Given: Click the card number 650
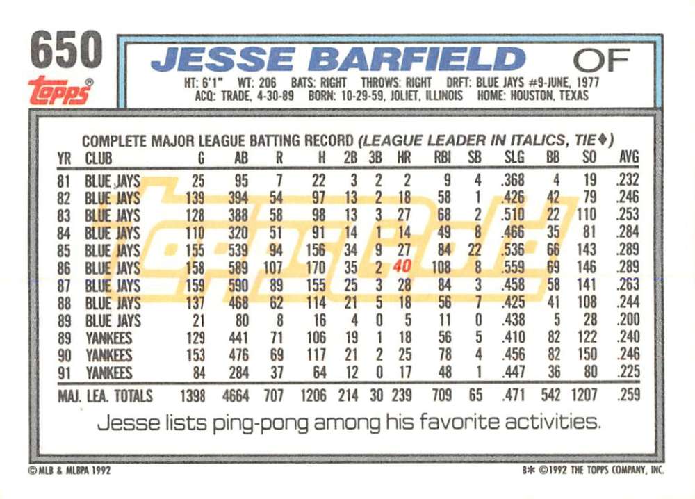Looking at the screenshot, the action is [67, 49].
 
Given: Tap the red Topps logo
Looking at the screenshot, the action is [60, 90].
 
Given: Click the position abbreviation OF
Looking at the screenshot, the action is [601, 60].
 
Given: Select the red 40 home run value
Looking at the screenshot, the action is [402, 266].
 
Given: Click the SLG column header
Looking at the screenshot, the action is [514, 157].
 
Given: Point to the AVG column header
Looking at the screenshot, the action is [629, 156].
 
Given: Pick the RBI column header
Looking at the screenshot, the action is [442, 157].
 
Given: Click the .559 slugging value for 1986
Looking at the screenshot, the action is [513, 267].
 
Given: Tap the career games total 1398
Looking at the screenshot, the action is [193, 395].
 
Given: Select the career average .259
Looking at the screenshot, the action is [628, 394].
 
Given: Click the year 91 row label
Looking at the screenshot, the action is [64, 373].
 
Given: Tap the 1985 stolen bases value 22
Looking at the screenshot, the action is [474, 250].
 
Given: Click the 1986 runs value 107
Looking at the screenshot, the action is [272, 268].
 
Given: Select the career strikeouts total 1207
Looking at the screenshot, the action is [584, 395].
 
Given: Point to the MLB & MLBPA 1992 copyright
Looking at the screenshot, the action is [69, 471].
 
